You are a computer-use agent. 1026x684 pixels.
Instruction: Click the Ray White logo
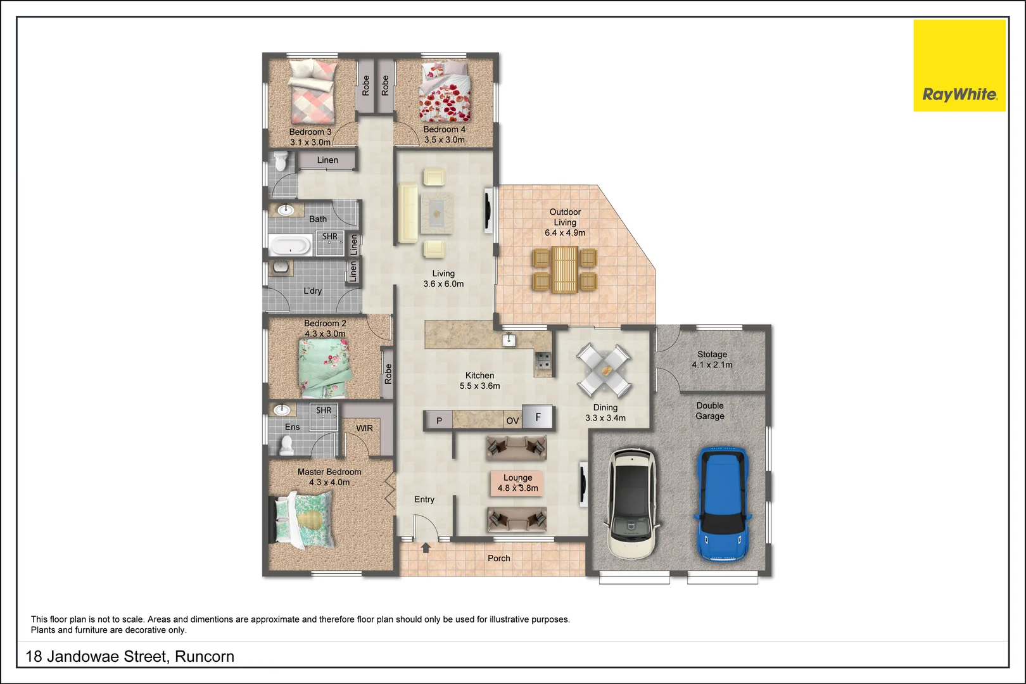pos(959,66)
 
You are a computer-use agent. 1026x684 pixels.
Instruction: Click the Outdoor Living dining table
pos(565,270)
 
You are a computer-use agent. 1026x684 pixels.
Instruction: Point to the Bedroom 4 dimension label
pos(444,139)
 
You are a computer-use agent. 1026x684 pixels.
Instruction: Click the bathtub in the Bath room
pos(290,244)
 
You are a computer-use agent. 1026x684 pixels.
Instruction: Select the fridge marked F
pos(538,417)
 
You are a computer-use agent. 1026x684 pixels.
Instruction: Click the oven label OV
pos(512,421)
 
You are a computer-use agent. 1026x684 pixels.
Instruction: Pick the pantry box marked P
pos(439,420)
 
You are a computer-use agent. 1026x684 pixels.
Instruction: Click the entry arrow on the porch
pos(426,547)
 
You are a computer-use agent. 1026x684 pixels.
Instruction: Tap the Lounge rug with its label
pos(517,483)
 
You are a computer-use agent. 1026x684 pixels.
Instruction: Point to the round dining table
pos(604,369)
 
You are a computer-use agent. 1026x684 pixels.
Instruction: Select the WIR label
pos(364,428)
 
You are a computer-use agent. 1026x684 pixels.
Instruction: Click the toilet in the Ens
pos(286,446)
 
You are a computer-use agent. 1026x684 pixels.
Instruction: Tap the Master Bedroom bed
pos(305,520)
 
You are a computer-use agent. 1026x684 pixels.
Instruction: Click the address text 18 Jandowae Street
pos(130,656)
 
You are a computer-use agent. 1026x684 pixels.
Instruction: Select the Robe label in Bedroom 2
pos(388,374)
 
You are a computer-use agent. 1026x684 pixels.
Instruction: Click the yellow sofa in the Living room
pos(408,213)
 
